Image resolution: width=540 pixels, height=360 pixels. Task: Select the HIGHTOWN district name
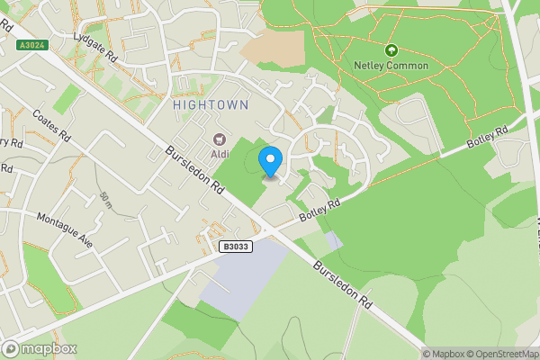209,105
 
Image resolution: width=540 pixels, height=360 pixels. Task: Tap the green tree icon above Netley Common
391,50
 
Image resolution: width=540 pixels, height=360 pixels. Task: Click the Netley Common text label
391,66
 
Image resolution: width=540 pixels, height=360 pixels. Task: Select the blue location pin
270,162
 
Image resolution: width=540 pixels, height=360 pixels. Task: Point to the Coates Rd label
50,126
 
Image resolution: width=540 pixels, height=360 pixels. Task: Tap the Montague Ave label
64,229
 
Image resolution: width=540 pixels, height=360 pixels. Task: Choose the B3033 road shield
237,246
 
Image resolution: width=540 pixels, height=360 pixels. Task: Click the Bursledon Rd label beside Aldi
193,174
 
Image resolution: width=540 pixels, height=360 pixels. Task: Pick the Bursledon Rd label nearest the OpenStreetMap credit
342,285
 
